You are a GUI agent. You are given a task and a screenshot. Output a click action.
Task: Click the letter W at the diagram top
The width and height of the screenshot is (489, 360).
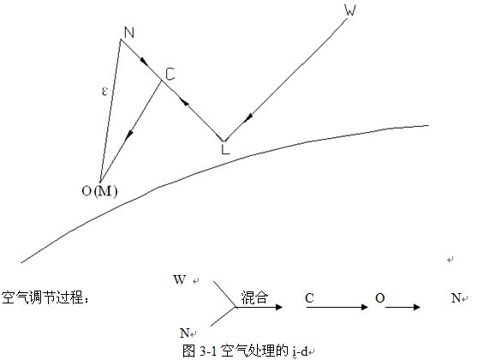coord(350,10)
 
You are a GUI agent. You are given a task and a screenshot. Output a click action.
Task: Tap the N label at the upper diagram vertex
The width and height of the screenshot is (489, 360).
coord(129,33)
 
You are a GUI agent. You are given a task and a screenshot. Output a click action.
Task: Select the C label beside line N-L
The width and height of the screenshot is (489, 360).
coord(170,75)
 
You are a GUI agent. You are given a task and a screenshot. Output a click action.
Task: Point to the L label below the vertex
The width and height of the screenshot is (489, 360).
coord(225,149)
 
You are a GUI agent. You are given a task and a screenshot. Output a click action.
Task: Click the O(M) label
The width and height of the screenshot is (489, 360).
coord(99,191)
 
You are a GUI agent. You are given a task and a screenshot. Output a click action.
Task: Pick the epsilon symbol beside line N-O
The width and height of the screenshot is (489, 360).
coord(104,91)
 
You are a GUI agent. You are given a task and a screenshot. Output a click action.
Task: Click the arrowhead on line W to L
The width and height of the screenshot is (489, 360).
coord(248,118)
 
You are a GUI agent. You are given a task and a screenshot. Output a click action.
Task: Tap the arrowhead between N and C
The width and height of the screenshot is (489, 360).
coord(144,61)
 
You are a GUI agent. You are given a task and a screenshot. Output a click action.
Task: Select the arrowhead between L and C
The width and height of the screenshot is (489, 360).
coord(185,102)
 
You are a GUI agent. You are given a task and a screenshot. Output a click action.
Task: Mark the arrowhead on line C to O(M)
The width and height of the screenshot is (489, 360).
coord(129,135)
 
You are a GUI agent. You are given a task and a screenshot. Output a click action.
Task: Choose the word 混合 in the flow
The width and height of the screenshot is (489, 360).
coord(254,297)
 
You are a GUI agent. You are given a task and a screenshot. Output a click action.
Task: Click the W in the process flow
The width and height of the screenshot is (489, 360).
coord(180,279)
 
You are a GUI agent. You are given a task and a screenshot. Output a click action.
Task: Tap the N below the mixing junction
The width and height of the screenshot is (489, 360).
coord(184,333)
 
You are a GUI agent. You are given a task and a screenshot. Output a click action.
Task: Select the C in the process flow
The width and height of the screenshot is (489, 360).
coord(309,298)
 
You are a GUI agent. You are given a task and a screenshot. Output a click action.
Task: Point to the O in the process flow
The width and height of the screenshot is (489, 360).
coord(380,298)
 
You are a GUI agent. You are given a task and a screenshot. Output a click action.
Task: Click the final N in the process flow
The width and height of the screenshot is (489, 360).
coord(456,298)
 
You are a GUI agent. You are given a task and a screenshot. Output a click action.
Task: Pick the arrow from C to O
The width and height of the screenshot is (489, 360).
coord(337,307)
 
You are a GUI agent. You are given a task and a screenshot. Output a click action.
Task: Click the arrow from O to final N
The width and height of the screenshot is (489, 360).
coord(403,307)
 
